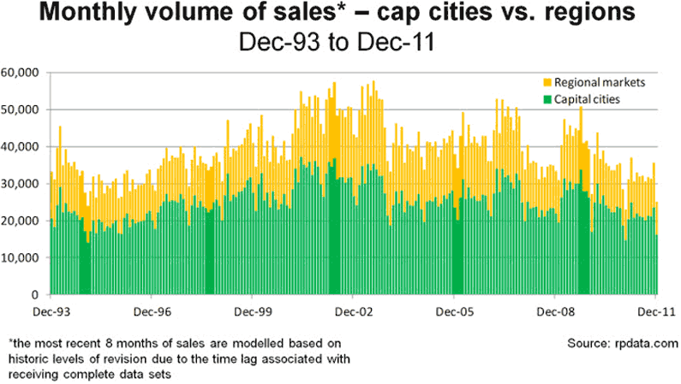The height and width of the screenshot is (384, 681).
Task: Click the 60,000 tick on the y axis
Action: point(24,73)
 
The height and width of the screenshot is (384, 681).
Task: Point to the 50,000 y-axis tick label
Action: point(24,109)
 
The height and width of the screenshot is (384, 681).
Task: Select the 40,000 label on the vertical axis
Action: point(24,146)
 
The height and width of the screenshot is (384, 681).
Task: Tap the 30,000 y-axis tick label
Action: point(24,184)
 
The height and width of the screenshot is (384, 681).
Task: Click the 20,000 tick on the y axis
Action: point(24,221)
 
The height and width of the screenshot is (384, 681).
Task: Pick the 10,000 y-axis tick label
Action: point(24,257)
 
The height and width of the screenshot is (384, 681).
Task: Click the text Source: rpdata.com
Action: point(623,343)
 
